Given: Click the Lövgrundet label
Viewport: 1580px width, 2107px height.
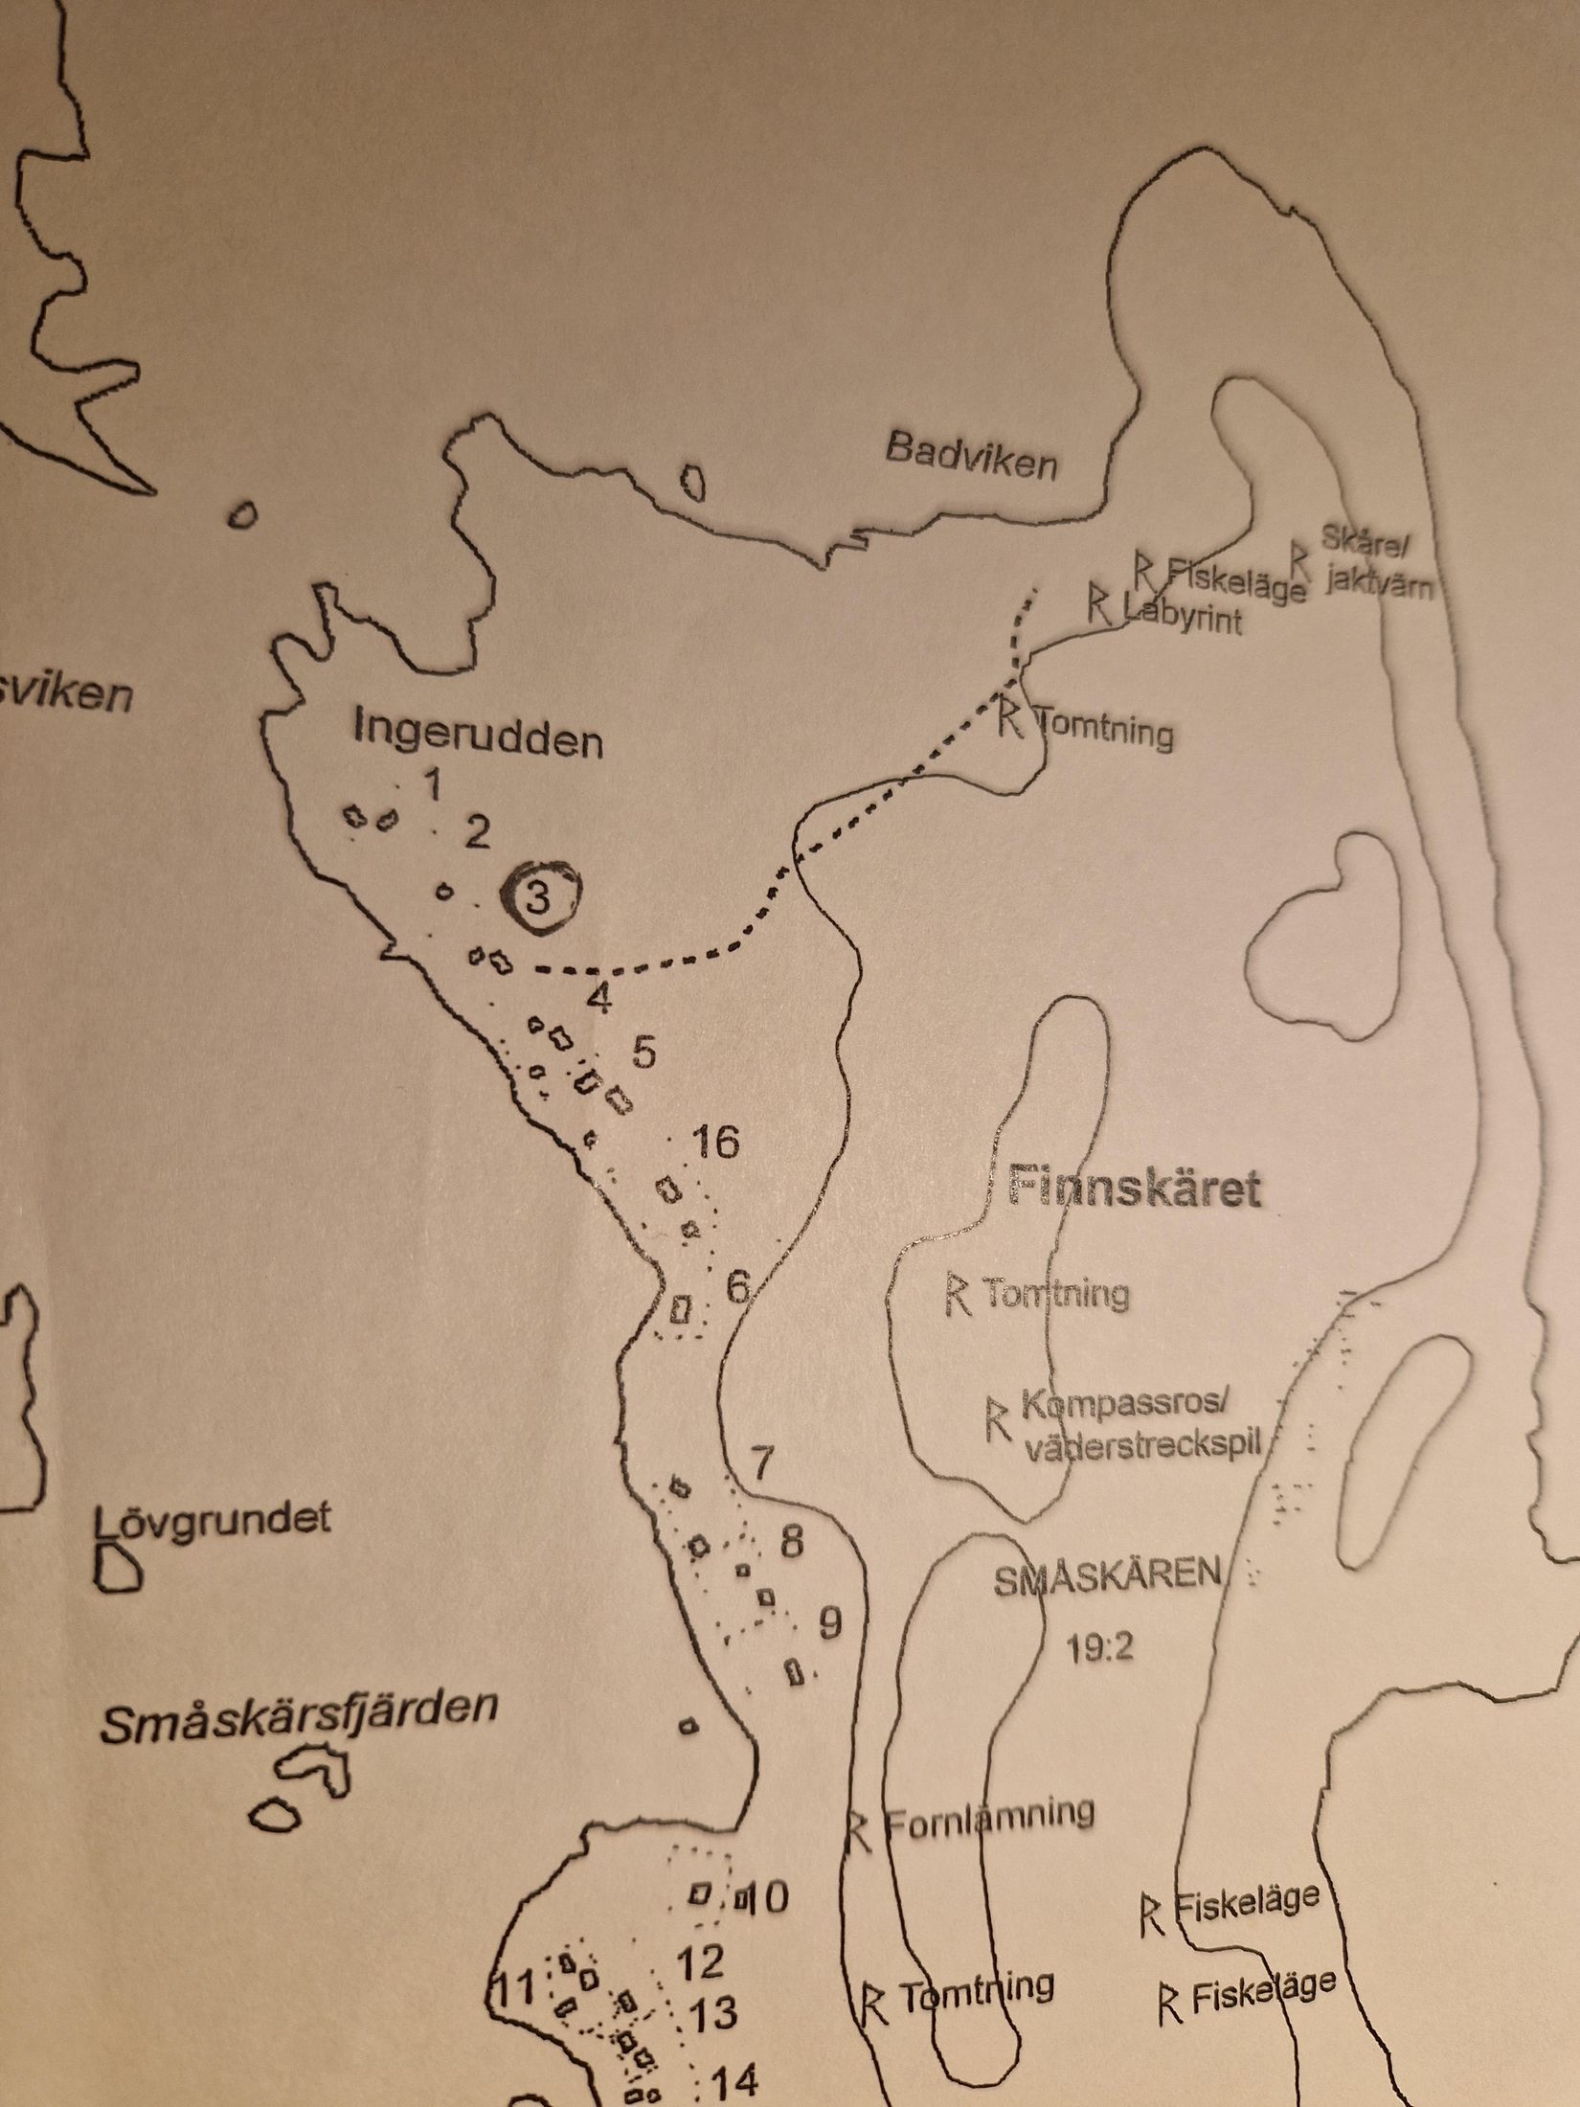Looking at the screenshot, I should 213,1519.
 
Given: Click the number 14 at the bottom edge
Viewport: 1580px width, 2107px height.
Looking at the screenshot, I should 735,2078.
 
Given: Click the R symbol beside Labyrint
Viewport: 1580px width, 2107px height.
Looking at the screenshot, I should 1099,602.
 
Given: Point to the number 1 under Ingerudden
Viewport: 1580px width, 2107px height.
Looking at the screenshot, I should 432,785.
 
